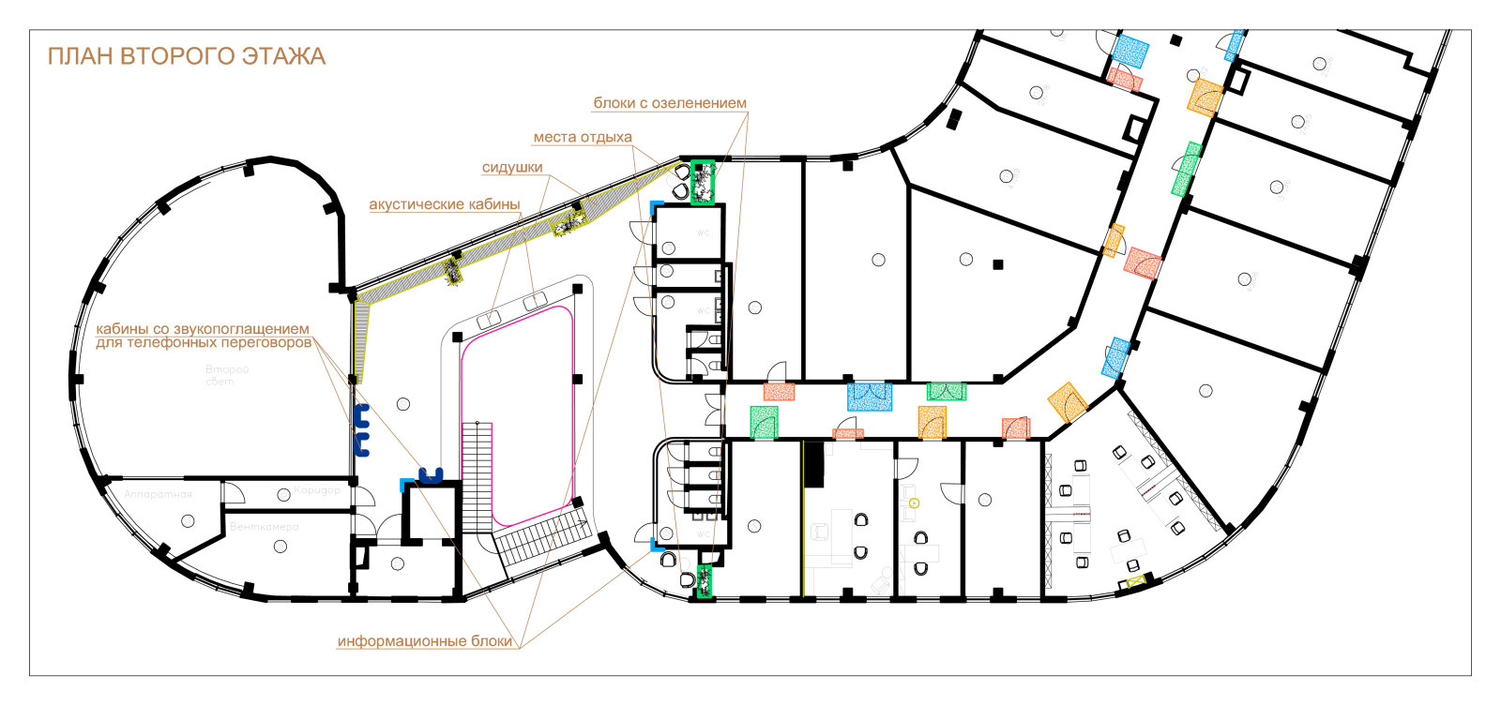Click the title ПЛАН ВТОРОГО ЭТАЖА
pos(186,56)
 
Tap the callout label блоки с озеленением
pos(670,103)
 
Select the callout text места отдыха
pos(583,137)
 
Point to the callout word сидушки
pos(512,168)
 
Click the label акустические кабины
pos(444,204)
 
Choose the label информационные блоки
pos(425,641)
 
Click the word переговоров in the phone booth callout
pos(253,343)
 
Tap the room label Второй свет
pos(226,375)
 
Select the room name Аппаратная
pos(158,494)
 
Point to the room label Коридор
pos(317,490)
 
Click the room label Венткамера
pos(264,527)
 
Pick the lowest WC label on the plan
pos(703,535)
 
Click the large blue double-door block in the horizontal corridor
pos(869,397)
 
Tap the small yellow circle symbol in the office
pos(914,503)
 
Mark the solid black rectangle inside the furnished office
pos(812,464)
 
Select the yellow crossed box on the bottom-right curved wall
pos(1137,582)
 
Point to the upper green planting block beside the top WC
pos(702,182)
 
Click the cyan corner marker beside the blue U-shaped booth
pos(405,484)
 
